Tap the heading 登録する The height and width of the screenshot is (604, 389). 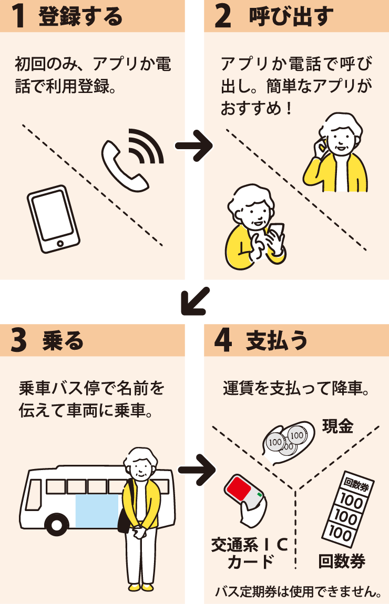(x=80, y=16)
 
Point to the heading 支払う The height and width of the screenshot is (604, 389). (x=277, y=341)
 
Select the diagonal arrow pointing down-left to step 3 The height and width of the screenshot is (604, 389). (x=194, y=301)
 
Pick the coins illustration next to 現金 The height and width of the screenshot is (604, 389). (x=286, y=442)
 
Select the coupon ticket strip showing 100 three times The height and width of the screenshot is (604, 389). (x=345, y=509)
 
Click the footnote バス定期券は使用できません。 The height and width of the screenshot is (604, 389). (x=298, y=592)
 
